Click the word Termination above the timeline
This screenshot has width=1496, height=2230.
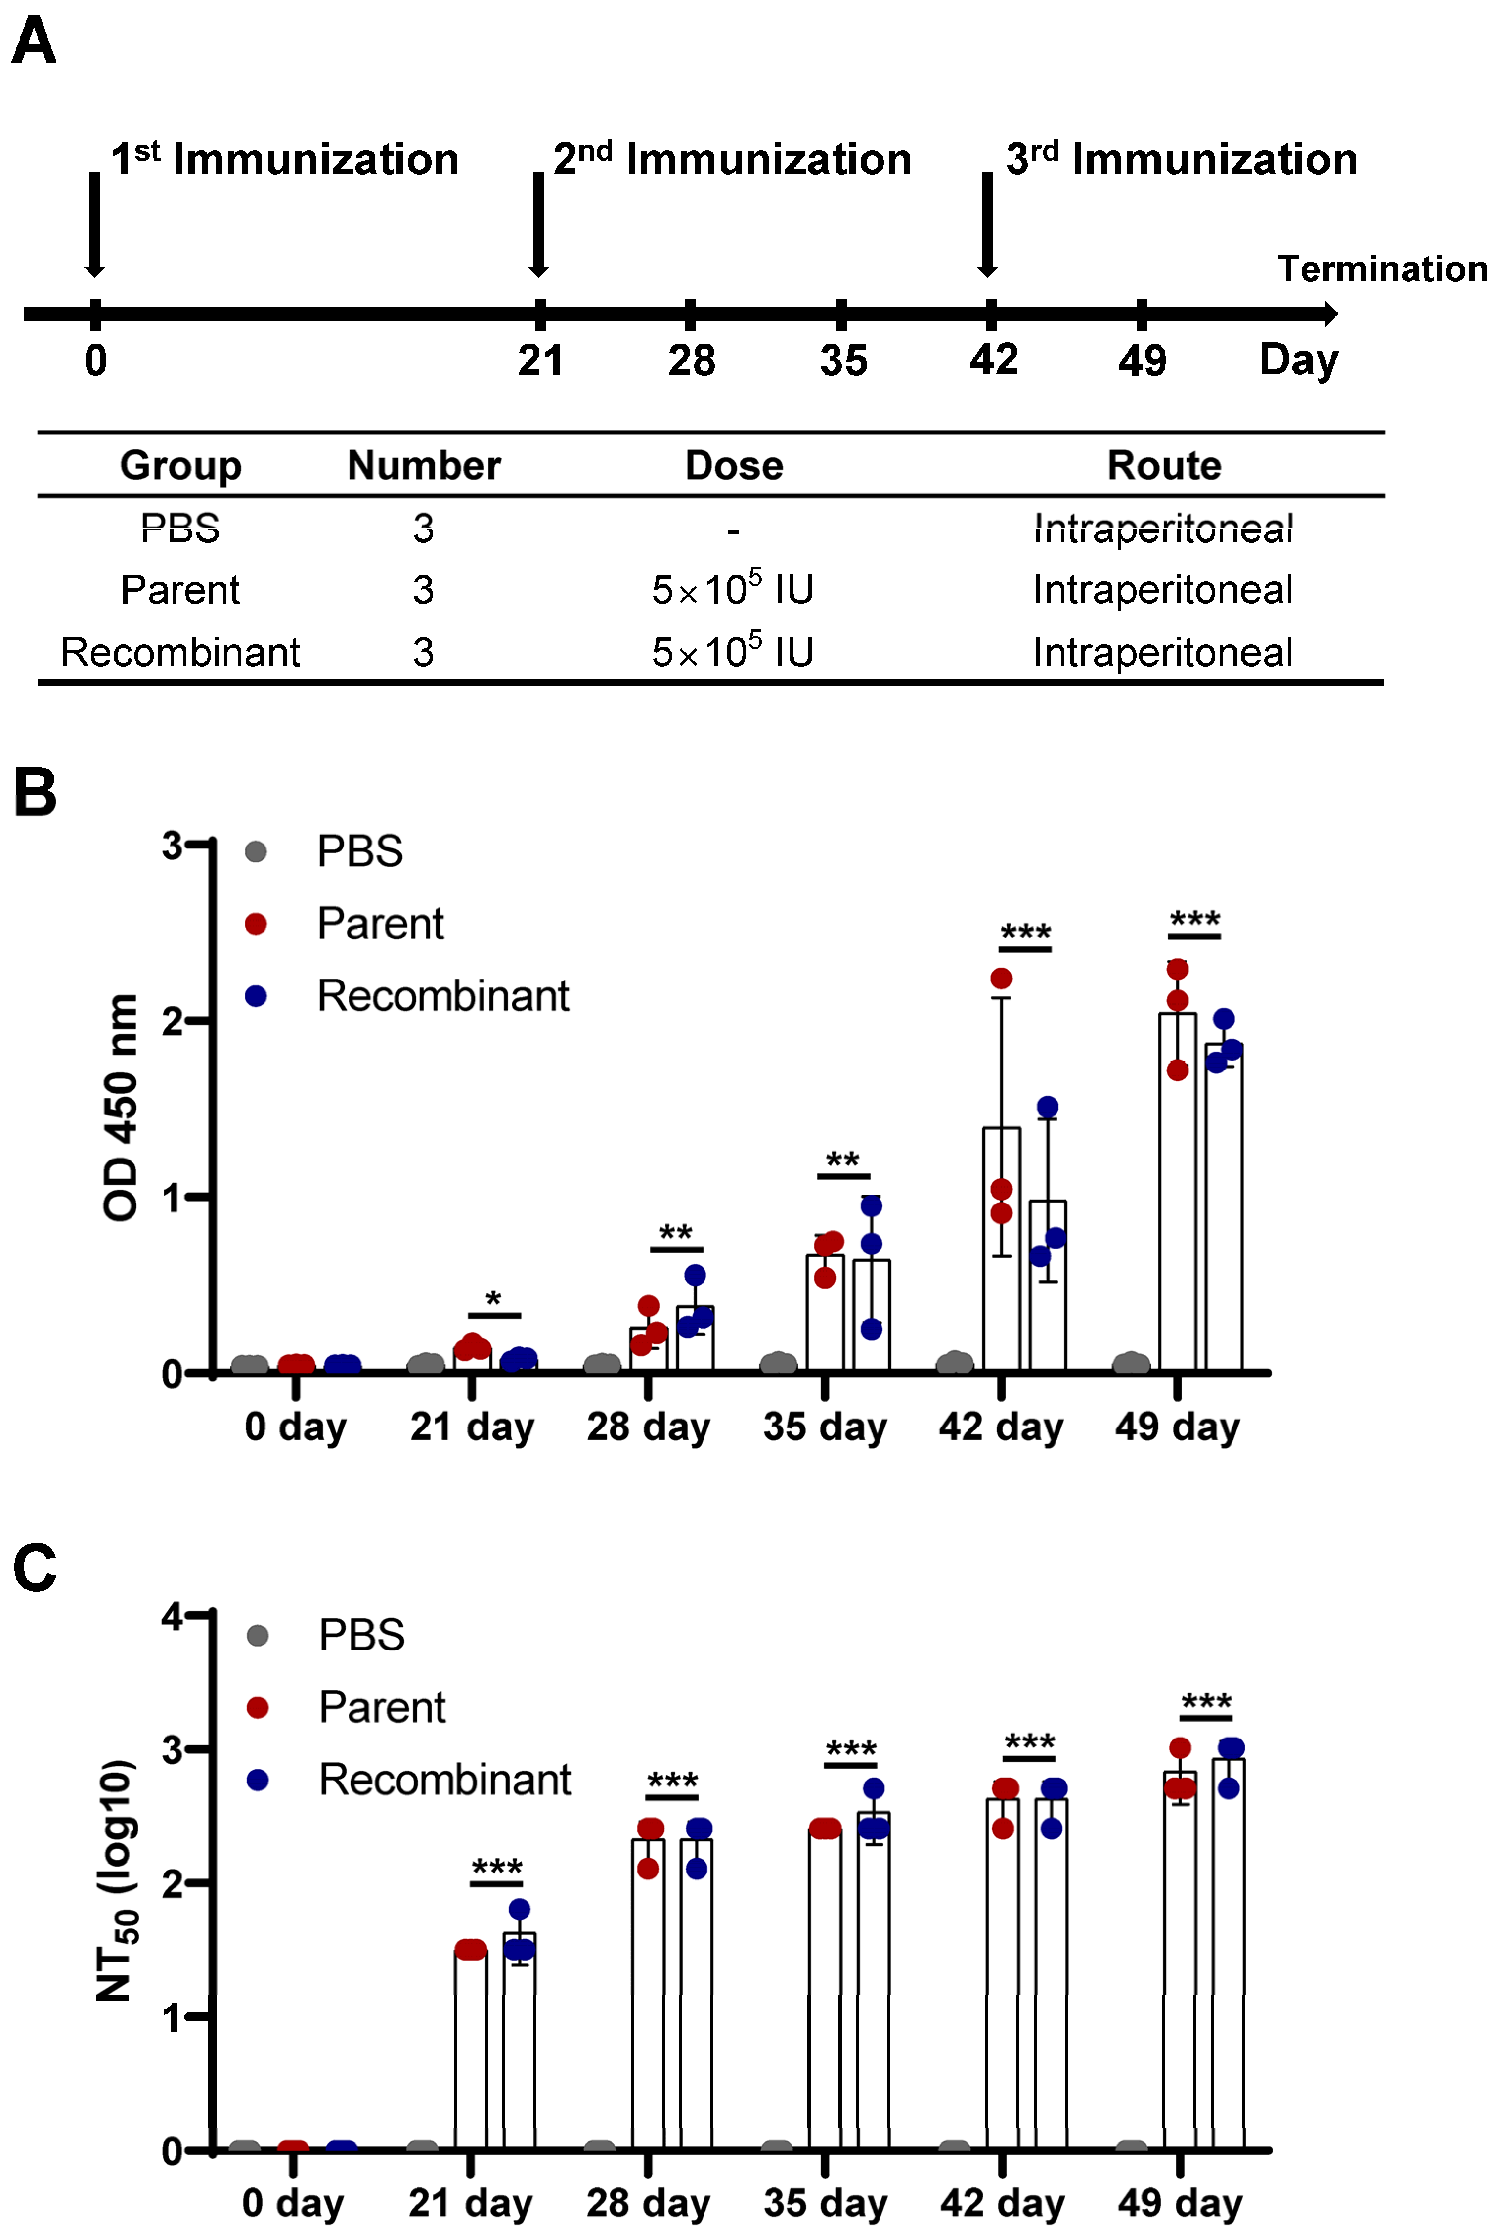(1381, 269)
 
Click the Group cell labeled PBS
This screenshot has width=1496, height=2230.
(180, 528)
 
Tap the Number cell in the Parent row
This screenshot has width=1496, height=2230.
(423, 590)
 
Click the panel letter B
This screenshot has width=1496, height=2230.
(35, 793)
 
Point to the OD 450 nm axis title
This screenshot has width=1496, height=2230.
(121, 1107)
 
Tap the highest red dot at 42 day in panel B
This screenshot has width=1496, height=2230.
(1001, 978)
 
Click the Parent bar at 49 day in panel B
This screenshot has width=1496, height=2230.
(1177, 1193)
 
